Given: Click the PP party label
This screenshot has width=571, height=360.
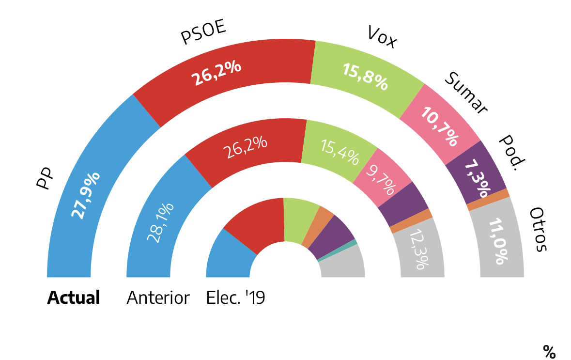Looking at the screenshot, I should (45, 179).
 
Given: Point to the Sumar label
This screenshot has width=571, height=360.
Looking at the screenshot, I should (465, 93).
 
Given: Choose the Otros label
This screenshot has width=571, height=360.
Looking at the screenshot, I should (538, 230).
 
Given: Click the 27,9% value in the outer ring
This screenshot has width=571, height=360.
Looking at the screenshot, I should (86, 195).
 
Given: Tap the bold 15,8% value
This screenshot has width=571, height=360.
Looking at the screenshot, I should (365, 77).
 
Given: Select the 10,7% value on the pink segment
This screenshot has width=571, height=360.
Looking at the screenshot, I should (439, 126).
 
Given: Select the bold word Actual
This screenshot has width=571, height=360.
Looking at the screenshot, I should (74, 297).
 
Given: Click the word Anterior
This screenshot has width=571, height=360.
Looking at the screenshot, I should (158, 297).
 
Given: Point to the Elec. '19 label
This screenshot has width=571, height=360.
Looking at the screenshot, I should (235, 297).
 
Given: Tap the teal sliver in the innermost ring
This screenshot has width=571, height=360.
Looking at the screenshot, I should (354, 242).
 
